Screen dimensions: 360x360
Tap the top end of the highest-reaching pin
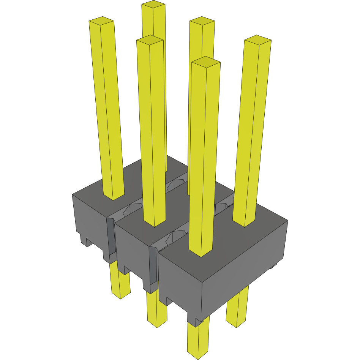(x=153, y=5)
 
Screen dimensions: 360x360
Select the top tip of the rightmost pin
(x=257, y=39)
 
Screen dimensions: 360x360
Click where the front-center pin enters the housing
(x=201, y=253)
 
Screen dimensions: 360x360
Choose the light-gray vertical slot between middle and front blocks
(x=152, y=266)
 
